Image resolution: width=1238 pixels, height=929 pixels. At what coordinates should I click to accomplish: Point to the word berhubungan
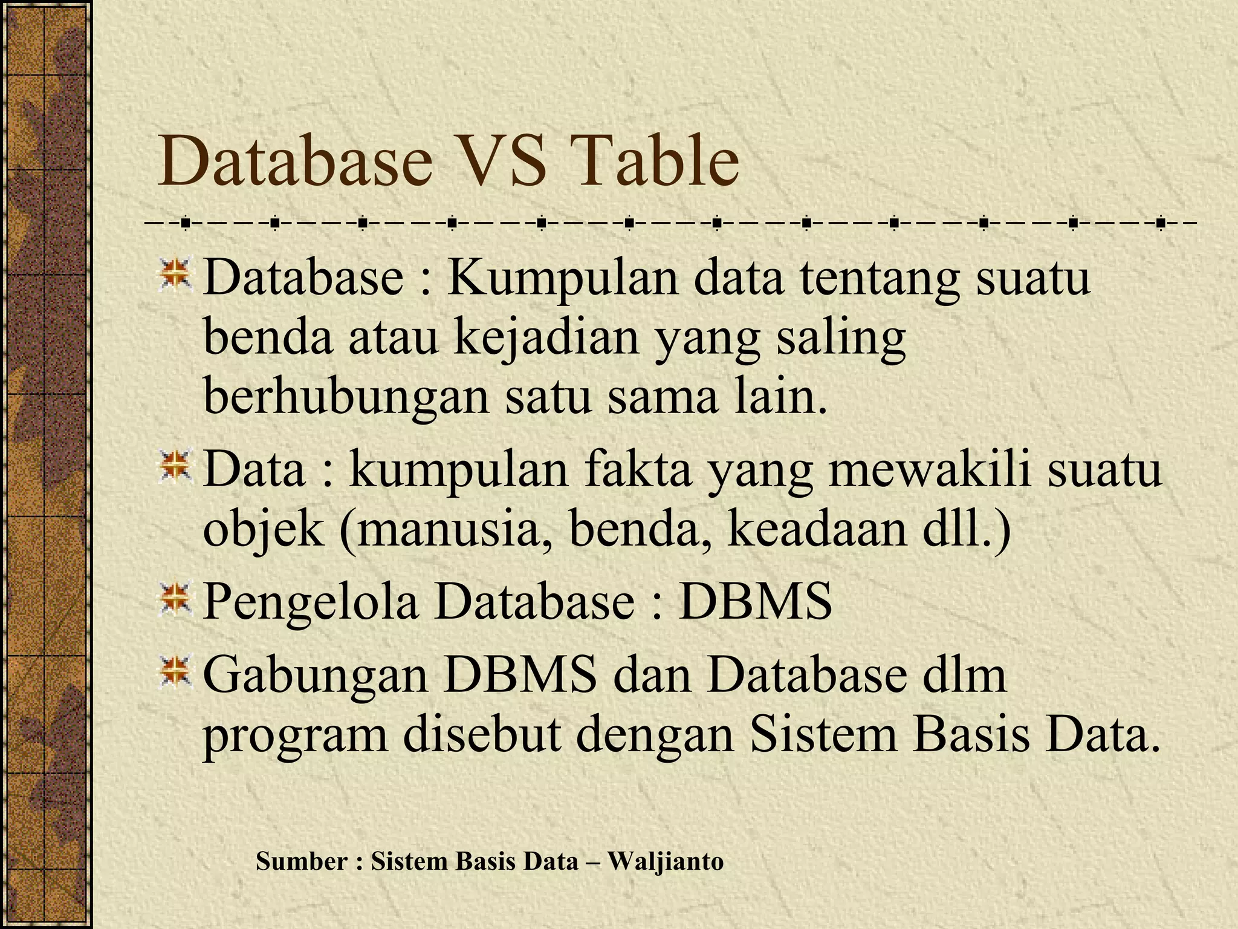tap(346, 398)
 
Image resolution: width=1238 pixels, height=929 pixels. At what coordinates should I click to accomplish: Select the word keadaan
tap(815, 530)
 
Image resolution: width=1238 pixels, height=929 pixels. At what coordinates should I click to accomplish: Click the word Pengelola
tap(310, 602)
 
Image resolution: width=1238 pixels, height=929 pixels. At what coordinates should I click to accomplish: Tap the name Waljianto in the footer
tap(666, 861)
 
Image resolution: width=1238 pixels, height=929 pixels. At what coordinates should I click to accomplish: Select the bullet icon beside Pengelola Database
tap(175, 599)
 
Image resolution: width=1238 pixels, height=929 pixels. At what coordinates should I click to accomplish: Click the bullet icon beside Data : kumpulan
tap(175, 467)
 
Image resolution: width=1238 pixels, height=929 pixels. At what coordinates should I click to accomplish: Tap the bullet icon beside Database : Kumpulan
tap(175, 275)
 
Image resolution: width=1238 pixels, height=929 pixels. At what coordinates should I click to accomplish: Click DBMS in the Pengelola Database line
tap(756, 602)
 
